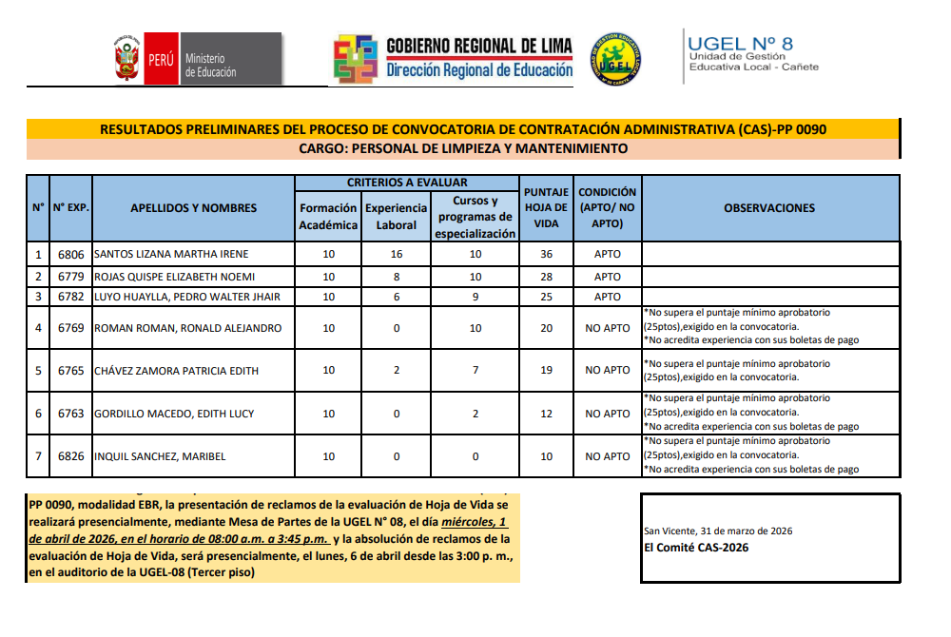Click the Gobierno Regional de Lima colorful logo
coord(356,59)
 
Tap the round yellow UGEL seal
coord(615,59)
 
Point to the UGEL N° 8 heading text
coord(740,44)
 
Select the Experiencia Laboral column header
coord(396,216)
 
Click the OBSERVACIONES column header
coord(769,208)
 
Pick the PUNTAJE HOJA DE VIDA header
coord(546,208)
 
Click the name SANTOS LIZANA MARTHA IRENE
coord(170,254)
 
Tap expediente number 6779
coord(71,277)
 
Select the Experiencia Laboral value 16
coord(397,254)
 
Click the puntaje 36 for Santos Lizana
coord(546,254)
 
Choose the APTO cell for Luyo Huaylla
coord(608,297)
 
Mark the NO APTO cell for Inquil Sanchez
coord(608,456)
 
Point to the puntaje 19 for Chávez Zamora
coord(546,371)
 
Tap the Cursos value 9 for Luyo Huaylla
coord(475,297)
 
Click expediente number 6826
coord(71,456)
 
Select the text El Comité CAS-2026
coord(696,548)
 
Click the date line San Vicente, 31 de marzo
coord(718,531)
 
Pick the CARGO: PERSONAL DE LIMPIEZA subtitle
coord(463,149)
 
